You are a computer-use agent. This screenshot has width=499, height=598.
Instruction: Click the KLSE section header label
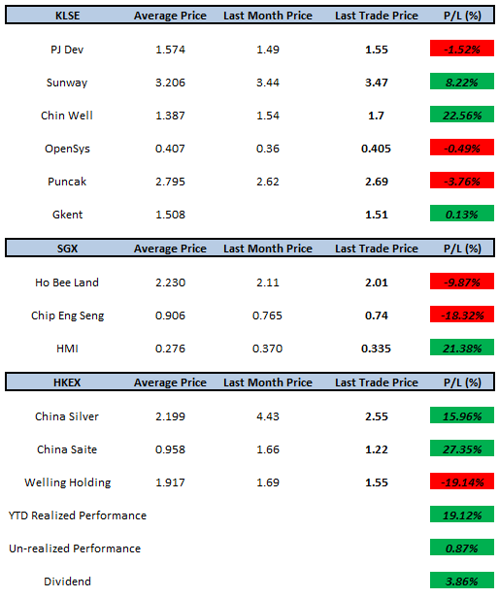pos(68,16)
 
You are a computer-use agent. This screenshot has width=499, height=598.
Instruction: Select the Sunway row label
pos(67,83)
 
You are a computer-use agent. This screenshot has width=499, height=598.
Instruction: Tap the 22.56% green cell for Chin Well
pos(461,115)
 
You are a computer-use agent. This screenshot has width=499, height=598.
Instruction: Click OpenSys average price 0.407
pos(170,149)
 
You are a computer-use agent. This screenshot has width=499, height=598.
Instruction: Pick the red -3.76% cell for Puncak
pos(461,181)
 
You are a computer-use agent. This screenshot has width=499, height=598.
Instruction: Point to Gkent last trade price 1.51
pos(377,215)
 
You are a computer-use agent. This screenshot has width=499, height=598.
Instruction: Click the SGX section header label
pos(68,249)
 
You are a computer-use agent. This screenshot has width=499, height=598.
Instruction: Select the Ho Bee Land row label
pos(67,282)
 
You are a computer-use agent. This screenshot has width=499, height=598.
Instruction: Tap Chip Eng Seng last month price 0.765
pos(267,316)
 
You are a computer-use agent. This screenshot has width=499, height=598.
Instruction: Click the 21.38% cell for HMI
pos(461,348)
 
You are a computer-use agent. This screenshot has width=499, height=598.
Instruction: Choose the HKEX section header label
pos(67,382)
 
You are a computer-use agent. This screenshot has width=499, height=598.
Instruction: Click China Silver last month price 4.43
pos(268,416)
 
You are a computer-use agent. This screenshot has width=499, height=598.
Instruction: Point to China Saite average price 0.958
pos(170,449)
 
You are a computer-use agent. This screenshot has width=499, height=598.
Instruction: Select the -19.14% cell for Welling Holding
pos(461,482)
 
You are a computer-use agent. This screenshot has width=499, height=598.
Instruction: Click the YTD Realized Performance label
pos(78,515)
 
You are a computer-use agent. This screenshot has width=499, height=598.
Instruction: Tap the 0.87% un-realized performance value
pos(461,548)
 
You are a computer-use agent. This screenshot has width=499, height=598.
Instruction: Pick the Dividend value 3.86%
pos(461,581)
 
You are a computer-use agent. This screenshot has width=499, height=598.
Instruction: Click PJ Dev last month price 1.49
pos(268,50)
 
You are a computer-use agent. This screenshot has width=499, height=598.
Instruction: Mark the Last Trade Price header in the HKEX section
pos(377,382)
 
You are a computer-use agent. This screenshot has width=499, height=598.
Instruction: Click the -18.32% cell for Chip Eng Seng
pos(461,315)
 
